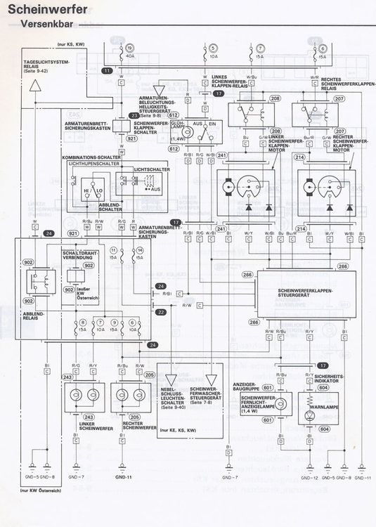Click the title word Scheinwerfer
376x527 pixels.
[x=44, y=9]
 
